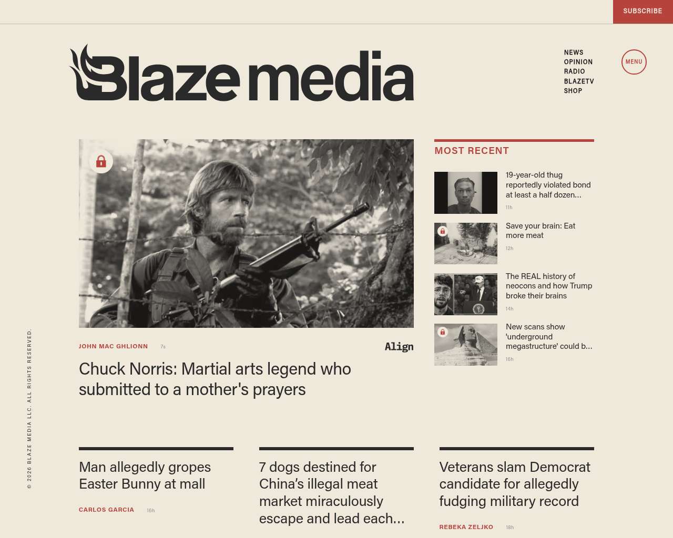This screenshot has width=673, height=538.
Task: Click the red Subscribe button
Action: tap(643, 11)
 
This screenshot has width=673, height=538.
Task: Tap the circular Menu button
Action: tap(634, 62)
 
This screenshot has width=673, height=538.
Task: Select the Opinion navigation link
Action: tap(578, 62)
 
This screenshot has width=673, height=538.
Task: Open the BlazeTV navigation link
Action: tap(578, 81)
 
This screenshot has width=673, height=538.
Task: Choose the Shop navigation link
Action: tap(573, 91)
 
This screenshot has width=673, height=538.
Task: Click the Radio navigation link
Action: tap(574, 71)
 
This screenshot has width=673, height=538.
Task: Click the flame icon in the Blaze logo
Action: tap(84, 68)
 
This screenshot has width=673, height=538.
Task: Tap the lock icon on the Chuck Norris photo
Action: tap(101, 162)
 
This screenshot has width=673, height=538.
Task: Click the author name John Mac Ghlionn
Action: tap(113, 346)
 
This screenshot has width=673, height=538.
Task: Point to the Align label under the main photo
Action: tap(399, 347)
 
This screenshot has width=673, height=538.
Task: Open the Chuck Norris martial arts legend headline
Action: tap(215, 379)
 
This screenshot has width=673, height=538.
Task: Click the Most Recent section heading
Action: tap(472, 151)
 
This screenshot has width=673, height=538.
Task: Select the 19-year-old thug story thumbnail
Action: tap(465, 193)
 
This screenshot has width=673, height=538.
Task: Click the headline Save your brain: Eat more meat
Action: tap(540, 231)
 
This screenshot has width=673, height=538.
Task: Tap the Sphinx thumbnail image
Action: tap(465, 345)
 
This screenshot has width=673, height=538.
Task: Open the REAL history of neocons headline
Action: tap(548, 286)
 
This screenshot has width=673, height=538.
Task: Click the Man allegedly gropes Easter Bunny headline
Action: tap(145, 475)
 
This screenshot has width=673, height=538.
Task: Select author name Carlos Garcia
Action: tap(106, 510)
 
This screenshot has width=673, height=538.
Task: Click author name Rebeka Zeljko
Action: tap(466, 527)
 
